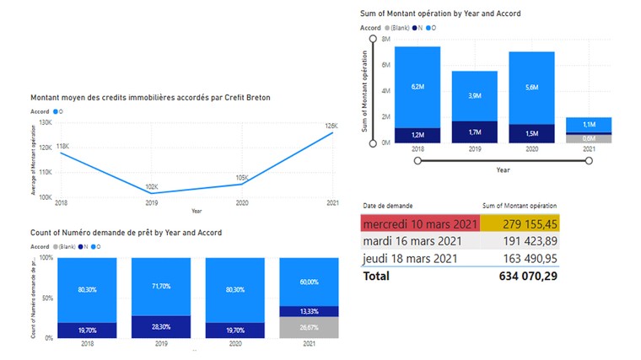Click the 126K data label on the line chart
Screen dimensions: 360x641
pyautogui.click(x=330, y=126)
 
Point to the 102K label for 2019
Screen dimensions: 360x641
pyautogui.click(x=152, y=186)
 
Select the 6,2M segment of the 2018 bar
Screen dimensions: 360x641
pyautogui.click(x=417, y=86)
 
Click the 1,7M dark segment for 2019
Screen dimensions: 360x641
pyautogui.click(x=475, y=132)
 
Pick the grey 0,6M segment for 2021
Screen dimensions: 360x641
pyautogui.click(x=589, y=138)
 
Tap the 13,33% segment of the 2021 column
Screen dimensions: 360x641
pyautogui.click(x=310, y=311)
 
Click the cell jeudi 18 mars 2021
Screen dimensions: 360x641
pyautogui.click(x=410, y=258)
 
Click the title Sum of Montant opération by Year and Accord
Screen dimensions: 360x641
pyautogui.click(x=439, y=13)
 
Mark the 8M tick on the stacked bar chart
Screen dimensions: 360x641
pyautogui.click(x=385, y=39)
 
